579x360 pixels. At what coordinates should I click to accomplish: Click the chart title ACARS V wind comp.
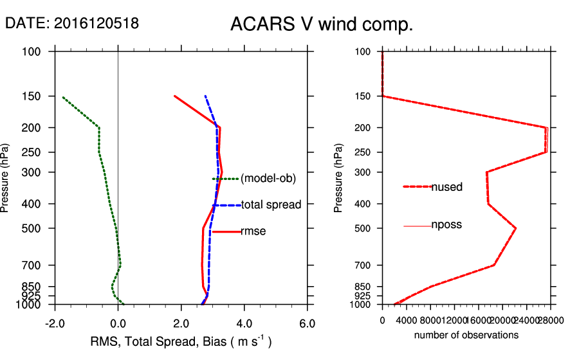pyautogui.click(x=321, y=25)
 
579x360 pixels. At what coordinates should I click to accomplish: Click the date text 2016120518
pyautogui.click(x=96, y=23)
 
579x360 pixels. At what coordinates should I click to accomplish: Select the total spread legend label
pyautogui.click(x=271, y=205)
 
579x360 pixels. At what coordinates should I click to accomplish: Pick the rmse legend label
pyautogui.click(x=253, y=231)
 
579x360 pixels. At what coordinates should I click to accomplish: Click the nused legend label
pyautogui.click(x=446, y=187)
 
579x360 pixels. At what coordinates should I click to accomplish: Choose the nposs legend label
pyautogui.click(x=446, y=225)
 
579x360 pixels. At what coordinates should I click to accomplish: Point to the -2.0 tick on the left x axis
pyautogui.click(x=54, y=323)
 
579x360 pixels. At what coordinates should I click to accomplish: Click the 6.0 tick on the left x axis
pyautogui.click(x=308, y=323)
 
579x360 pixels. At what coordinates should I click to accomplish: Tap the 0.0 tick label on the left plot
pyautogui.click(x=118, y=323)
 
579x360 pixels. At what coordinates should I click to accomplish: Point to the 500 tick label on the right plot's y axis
pyautogui.click(x=363, y=228)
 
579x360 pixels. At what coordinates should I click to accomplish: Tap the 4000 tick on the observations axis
pyautogui.click(x=407, y=320)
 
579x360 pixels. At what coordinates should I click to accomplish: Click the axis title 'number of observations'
pyautogui.click(x=466, y=335)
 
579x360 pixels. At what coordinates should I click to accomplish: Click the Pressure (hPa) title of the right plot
pyautogui.click(x=339, y=179)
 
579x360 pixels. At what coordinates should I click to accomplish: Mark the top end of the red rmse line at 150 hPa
pyautogui.click(x=174, y=96)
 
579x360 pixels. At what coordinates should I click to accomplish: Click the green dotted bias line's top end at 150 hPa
pyautogui.click(x=63, y=97)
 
